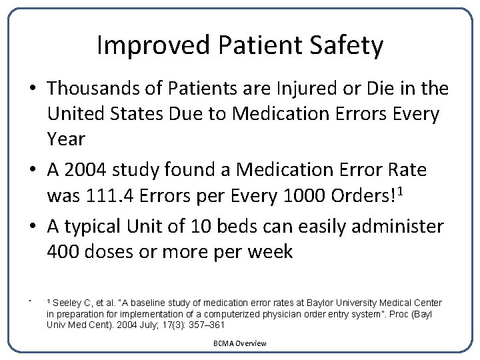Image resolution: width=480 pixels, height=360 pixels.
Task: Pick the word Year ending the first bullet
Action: tap(67, 139)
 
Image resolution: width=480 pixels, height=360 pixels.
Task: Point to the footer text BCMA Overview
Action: tap(240, 343)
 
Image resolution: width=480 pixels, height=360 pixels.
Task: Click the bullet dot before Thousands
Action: tap(33, 89)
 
